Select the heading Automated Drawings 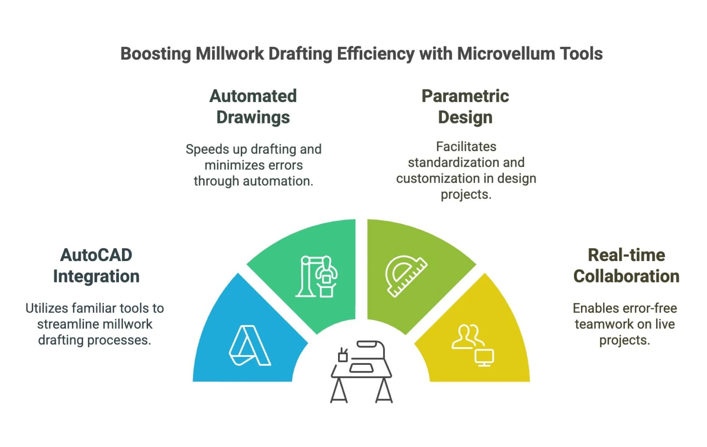[253, 107]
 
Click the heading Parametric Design [465, 107]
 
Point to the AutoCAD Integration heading [96, 265]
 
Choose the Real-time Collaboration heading [626, 265]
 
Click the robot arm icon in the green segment [317, 276]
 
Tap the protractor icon [405, 275]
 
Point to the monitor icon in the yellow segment [484, 358]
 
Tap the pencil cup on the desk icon [343, 355]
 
